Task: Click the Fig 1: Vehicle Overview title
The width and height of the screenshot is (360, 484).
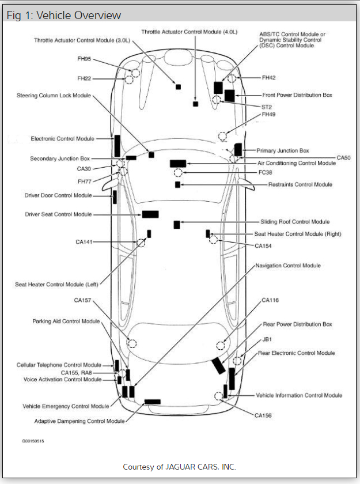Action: [x=63, y=16]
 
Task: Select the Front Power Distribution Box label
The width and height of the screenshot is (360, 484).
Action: [x=297, y=95]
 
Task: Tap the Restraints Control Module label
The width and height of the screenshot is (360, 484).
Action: [x=300, y=184]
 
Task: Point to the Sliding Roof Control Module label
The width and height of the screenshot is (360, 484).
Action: [x=295, y=222]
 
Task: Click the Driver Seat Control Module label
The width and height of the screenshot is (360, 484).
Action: [x=58, y=214]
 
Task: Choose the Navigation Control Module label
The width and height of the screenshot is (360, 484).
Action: [x=288, y=266]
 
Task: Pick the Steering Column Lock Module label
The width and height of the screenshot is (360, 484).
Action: [x=54, y=95]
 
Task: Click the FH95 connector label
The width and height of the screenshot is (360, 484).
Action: [x=85, y=59]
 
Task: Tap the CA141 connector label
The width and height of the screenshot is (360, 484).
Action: [x=84, y=242]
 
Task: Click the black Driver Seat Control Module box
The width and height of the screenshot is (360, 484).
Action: [x=150, y=214]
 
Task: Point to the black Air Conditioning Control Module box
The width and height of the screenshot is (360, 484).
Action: [x=177, y=164]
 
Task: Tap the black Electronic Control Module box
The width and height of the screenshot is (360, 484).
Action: [x=117, y=145]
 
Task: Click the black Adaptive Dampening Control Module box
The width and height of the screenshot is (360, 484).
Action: [x=153, y=402]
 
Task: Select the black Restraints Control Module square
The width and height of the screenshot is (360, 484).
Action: [x=177, y=184]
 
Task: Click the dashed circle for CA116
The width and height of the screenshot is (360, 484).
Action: [x=221, y=345]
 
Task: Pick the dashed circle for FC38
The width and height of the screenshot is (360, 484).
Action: [x=178, y=173]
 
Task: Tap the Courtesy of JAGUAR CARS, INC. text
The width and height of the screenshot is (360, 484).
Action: [x=179, y=467]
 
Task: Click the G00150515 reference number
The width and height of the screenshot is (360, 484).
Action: [x=33, y=441]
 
